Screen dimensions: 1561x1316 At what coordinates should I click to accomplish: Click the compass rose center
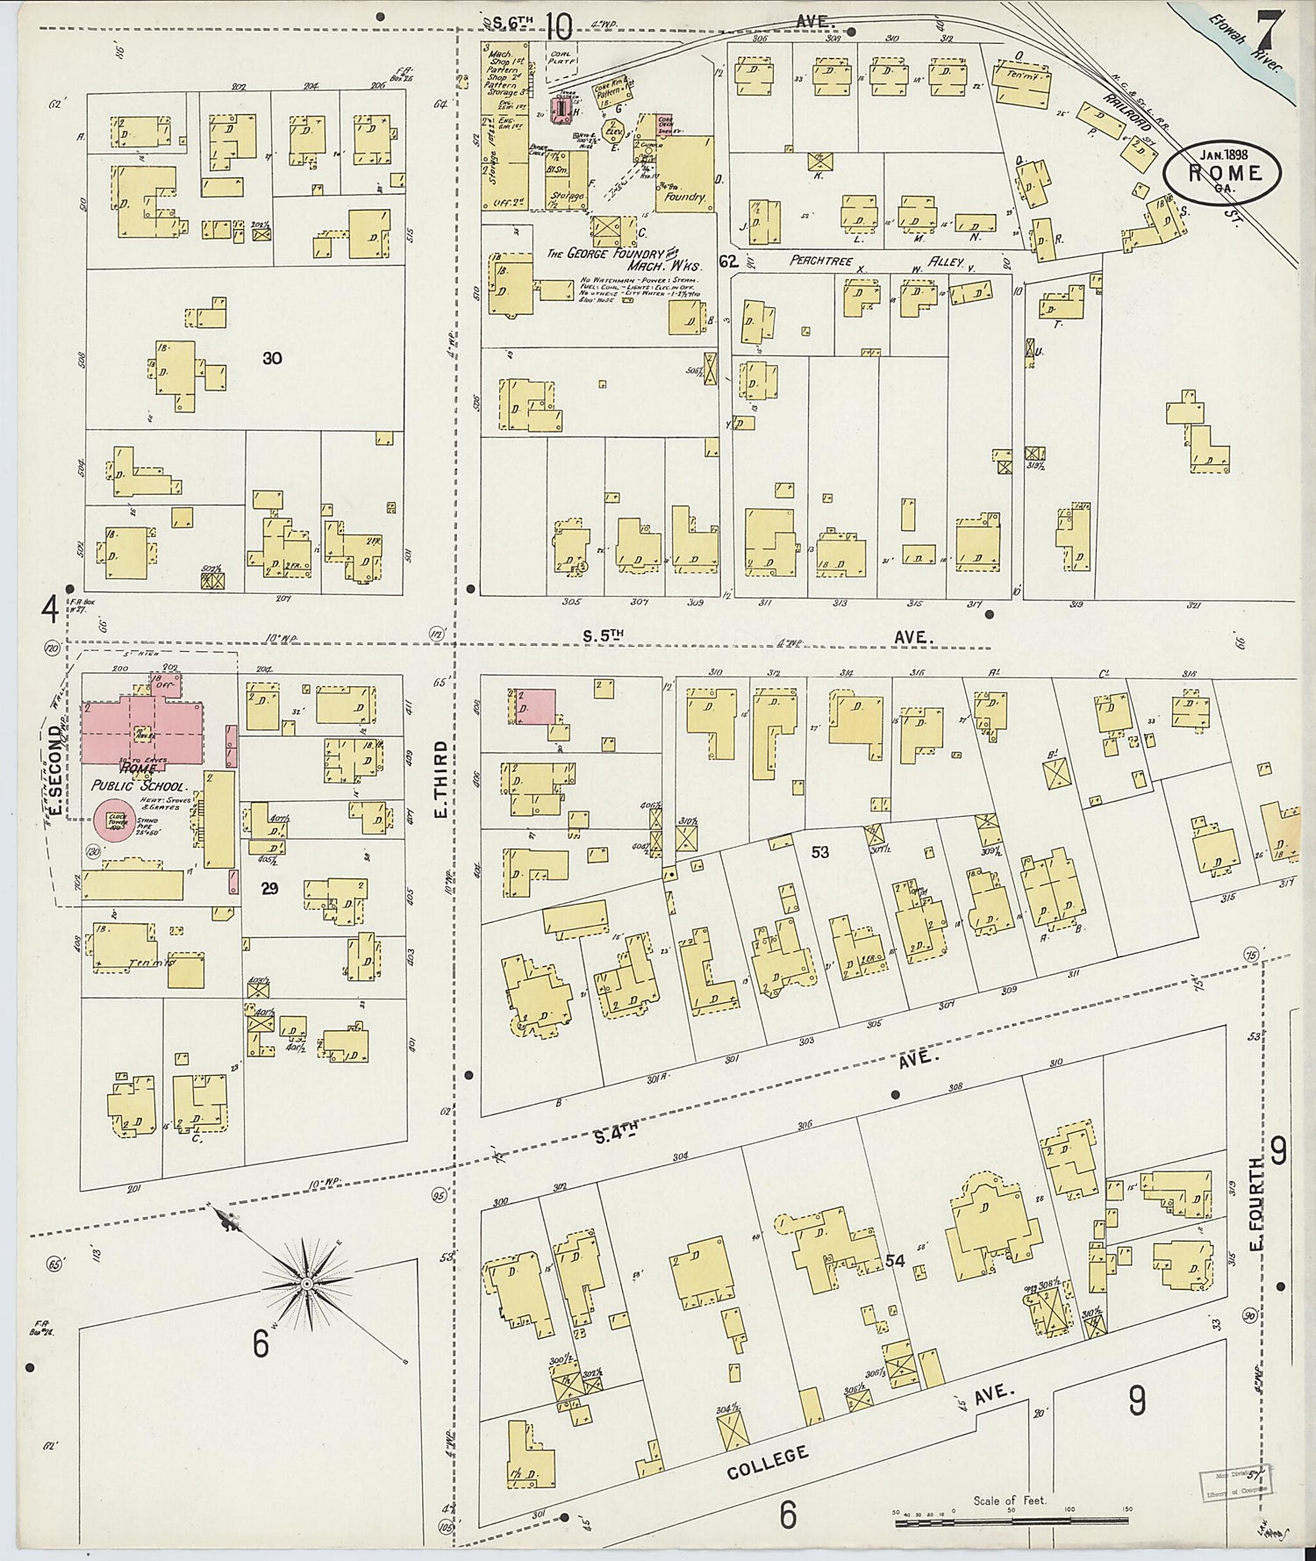(307, 1284)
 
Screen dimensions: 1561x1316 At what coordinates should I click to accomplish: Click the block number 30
(272, 358)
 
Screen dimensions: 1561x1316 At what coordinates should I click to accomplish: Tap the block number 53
(819, 851)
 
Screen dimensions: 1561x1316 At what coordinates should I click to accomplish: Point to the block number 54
(894, 1260)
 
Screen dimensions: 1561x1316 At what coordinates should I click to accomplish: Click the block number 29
(269, 888)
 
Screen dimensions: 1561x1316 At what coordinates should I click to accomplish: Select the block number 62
(727, 261)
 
